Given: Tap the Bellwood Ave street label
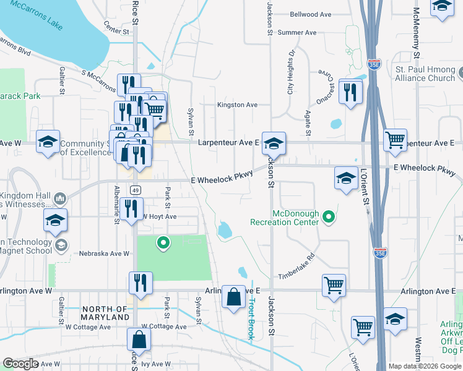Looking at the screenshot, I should click(x=311, y=14).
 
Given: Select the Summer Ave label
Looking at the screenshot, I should click(x=297, y=32).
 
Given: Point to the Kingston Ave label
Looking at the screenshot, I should click(x=237, y=105).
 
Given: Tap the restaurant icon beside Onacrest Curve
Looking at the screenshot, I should click(x=351, y=92).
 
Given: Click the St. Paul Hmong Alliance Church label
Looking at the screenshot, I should click(x=425, y=74).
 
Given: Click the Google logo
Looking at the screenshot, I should click(x=20, y=364).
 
